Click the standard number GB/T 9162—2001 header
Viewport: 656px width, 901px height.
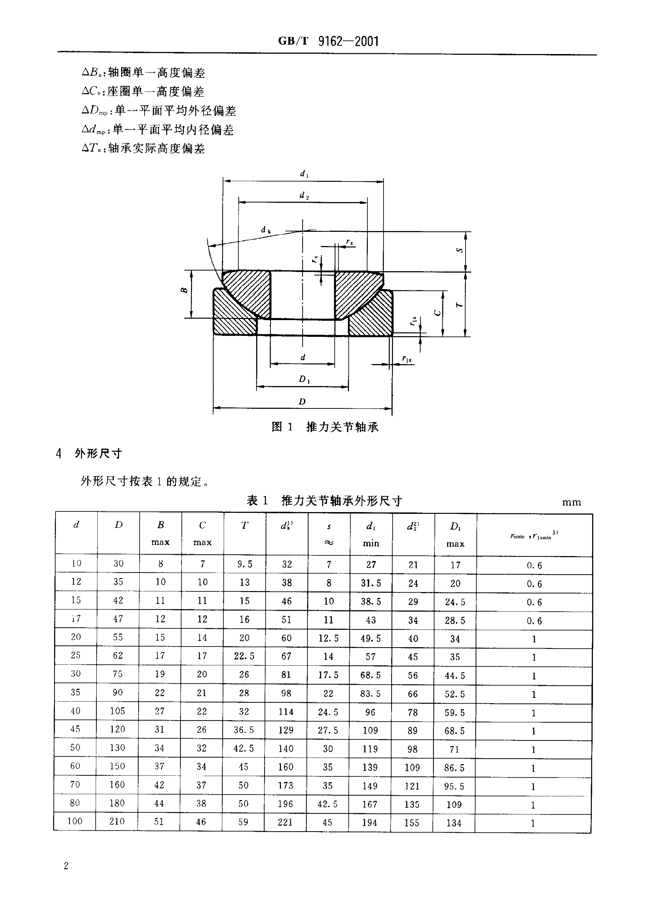(328, 41)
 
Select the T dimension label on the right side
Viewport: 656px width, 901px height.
(459, 305)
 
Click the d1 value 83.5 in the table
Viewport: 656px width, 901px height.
(370, 694)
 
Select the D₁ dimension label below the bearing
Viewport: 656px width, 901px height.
(304, 379)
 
